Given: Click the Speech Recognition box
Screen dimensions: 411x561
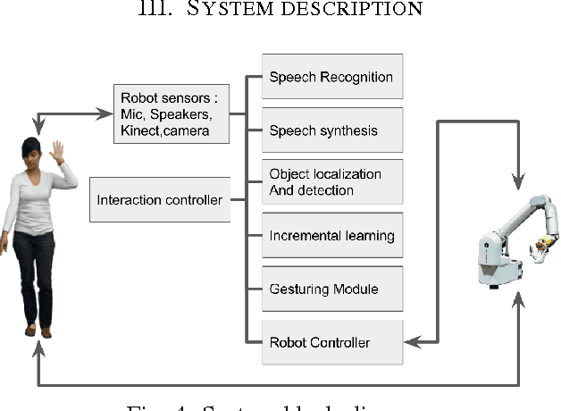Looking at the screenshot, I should (x=331, y=77).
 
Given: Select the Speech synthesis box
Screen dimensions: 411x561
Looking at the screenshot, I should (x=331, y=130).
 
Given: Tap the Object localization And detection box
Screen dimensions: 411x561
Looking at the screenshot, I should (x=331, y=182).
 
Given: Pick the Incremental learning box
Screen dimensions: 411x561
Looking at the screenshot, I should (x=331, y=236).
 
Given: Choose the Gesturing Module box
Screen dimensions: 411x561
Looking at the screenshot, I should (x=331, y=289).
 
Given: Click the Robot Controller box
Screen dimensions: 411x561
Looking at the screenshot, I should (x=331, y=342).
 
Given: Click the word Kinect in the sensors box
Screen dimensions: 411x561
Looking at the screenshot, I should (x=140, y=131).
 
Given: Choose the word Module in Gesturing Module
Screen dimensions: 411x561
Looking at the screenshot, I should (x=355, y=289).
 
